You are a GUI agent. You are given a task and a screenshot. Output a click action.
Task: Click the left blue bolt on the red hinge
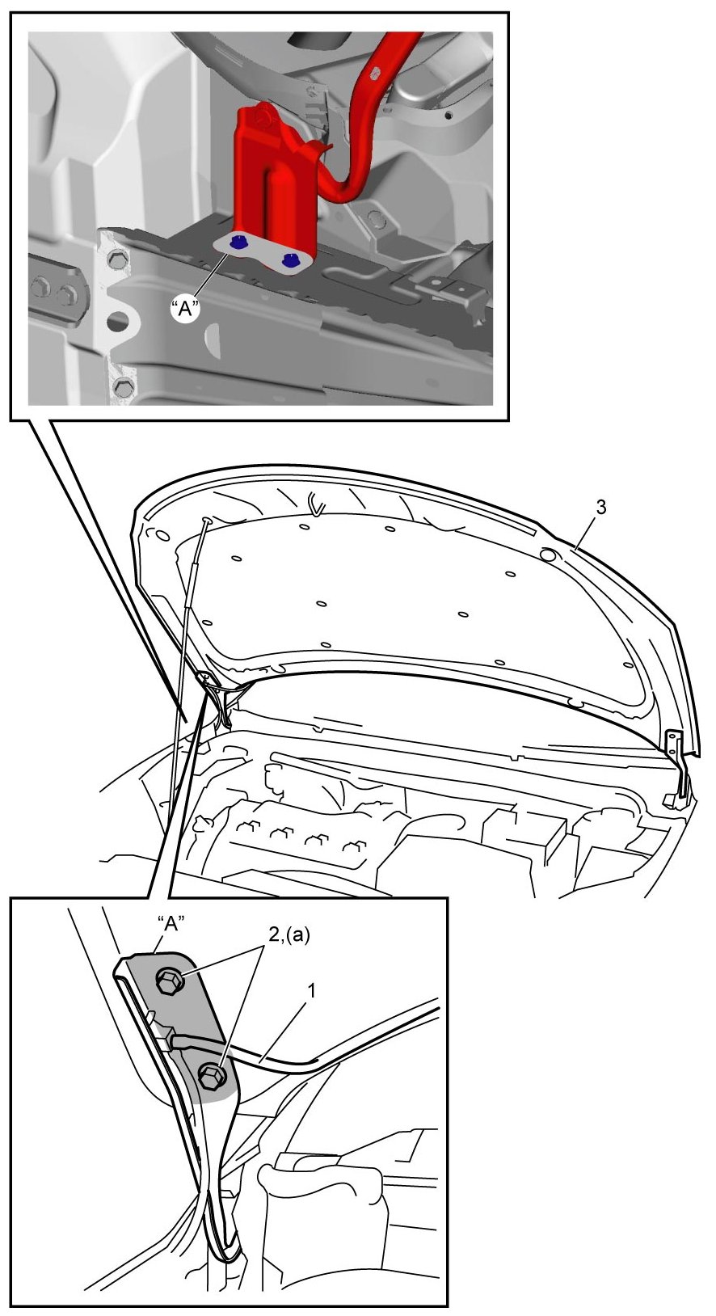(238, 241)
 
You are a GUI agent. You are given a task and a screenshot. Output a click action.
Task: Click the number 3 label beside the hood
(601, 507)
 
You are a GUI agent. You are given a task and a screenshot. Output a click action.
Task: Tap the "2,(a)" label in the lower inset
(289, 936)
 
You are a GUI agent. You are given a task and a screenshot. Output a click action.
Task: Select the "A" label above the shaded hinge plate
(171, 924)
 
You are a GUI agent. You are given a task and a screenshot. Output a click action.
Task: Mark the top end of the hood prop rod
(207, 521)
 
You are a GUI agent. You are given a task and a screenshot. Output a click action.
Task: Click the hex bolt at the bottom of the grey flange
(122, 386)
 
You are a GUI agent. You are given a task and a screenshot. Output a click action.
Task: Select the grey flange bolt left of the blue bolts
(114, 259)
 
